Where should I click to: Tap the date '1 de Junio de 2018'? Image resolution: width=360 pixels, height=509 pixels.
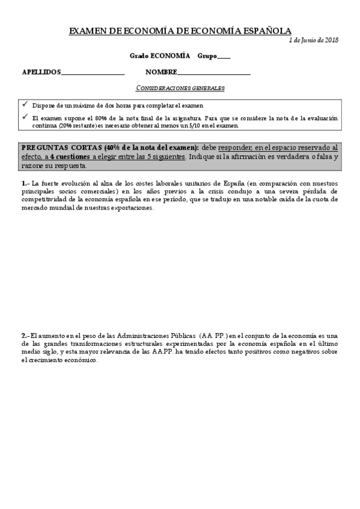pyautogui.click(x=313, y=40)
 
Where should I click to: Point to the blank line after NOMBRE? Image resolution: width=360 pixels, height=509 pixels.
pyautogui.click(x=214, y=73)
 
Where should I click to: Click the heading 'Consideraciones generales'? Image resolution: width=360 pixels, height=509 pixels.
pyautogui.click(x=180, y=88)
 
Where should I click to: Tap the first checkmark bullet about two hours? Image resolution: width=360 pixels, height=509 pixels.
pyautogui.click(x=25, y=104)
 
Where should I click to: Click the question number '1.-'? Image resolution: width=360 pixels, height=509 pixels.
pyautogui.click(x=25, y=182)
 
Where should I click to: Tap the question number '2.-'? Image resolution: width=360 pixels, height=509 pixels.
pyautogui.click(x=25, y=335)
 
